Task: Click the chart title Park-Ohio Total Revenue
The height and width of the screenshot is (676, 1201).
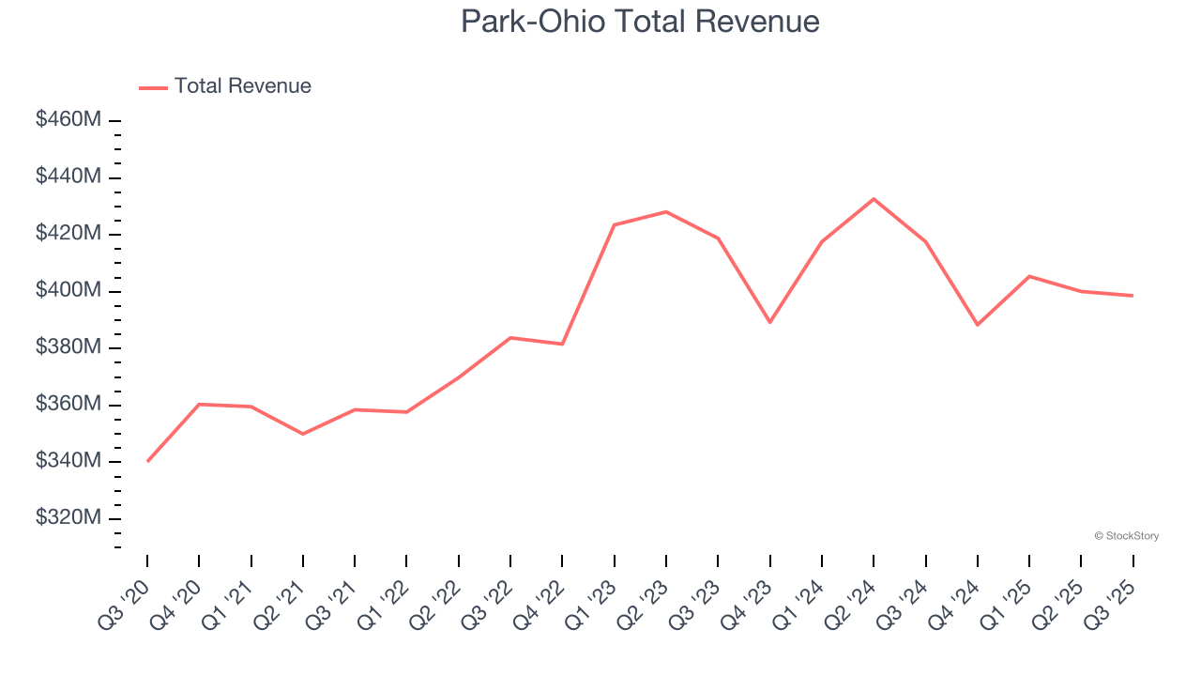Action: click(x=640, y=22)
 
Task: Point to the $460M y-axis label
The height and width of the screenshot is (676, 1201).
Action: click(x=68, y=120)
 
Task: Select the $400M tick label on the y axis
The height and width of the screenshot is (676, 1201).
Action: click(x=68, y=291)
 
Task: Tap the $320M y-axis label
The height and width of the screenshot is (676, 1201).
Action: click(x=68, y=518)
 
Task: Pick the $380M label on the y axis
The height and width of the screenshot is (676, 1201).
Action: click(x=68, y=347)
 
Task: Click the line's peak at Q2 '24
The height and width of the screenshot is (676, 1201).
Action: click(x=874, y=199)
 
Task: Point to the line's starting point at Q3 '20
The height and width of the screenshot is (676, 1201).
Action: click(x=147, y=461)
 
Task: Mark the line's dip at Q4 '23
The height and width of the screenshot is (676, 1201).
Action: click(x=770, y=322)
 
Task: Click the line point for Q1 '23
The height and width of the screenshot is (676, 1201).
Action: click(x=614, y=225)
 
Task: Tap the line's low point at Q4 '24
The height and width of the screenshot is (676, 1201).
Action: click(x=978, y=325)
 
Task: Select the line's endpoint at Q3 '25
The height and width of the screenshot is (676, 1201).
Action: click(x=1133, y=296)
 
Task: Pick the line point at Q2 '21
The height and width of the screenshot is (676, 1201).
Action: click(x=303, y=434)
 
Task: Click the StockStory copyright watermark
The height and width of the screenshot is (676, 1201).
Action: click(x=1126, y=536)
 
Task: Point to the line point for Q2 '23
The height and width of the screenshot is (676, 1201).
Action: click(x=666, y=211)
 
